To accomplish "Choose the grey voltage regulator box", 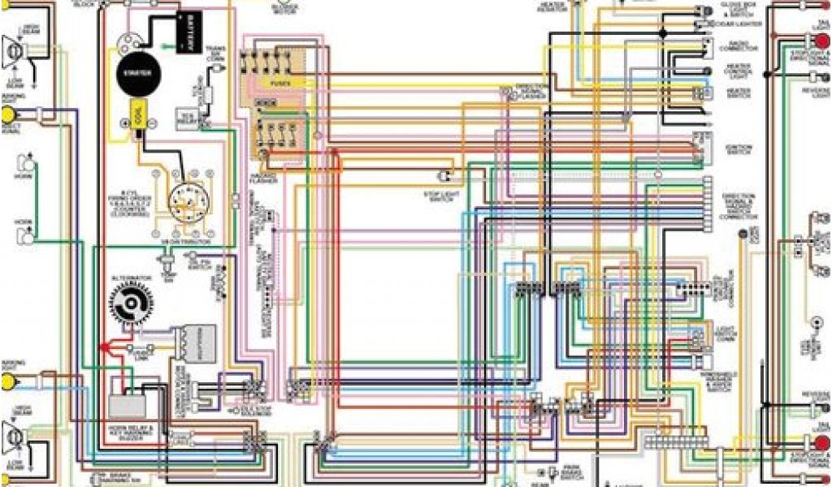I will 195,344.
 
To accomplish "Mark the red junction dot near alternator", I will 104,347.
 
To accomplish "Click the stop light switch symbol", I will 444,176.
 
